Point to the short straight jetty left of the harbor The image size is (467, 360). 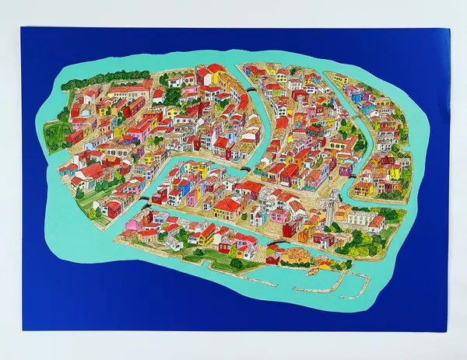point(257,277)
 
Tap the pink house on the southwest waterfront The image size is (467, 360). point(128,225)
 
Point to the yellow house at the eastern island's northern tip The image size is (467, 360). point(341,78)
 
